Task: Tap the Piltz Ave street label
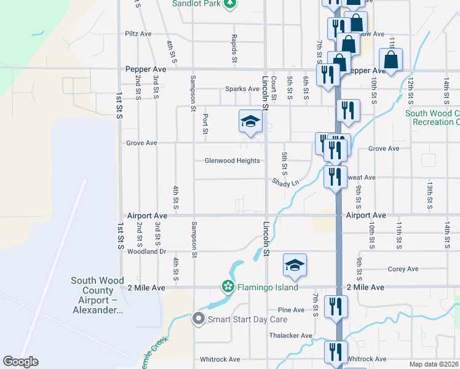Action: pos(138,34)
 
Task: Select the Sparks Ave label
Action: pos(242,89)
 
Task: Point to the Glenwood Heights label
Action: pos(232,161)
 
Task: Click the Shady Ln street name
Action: pos(285,183)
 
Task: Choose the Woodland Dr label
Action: pos(146,252)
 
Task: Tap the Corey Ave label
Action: pos(403,269)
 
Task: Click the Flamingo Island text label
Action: pos(268,287)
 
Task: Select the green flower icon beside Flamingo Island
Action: pos(228,287)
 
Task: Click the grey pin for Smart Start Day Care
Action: pos(198,319)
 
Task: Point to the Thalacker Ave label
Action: pos(291,336)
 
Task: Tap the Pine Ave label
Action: pos(291,310)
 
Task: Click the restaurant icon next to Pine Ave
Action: pos(336,306)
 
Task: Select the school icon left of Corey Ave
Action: pos(295,265)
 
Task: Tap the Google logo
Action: pos(20,362)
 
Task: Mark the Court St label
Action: pos(274,85)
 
